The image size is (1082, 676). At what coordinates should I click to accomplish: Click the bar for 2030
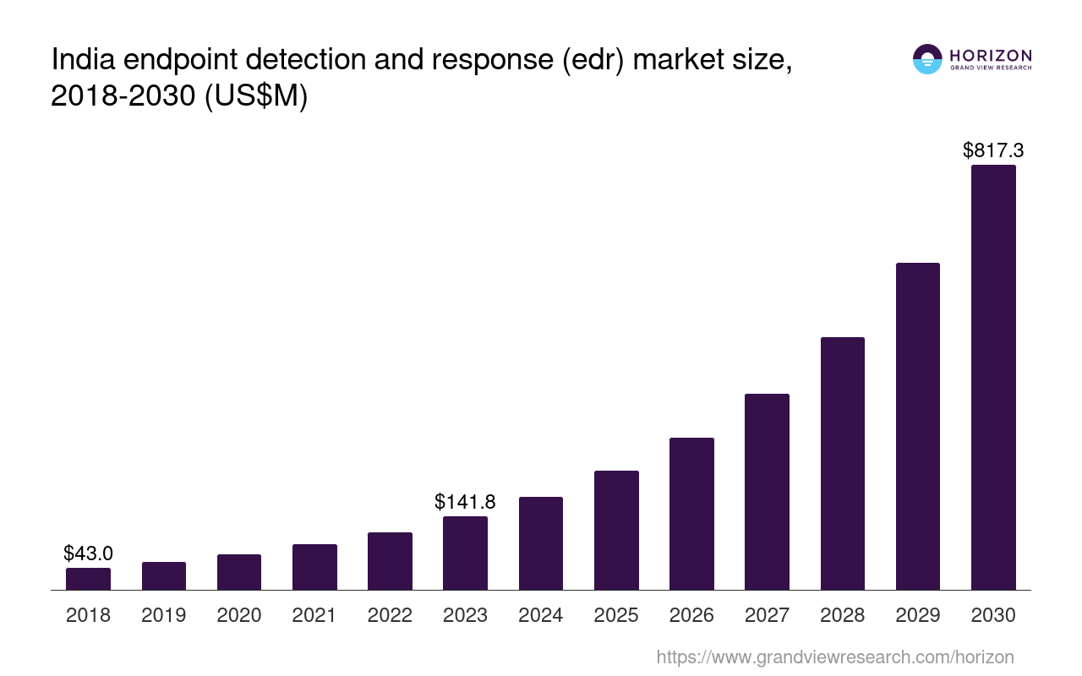click(x=993, y=377)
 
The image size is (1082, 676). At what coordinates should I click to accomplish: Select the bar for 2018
click(x=88, y=579)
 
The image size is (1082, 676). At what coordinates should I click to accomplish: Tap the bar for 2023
click(x=465, y=553)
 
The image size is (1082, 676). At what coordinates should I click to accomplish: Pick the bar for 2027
click(x=767, y=492)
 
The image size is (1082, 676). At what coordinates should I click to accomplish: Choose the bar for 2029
click(x=917, y=426)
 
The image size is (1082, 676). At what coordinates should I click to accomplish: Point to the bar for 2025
click(x=616, y=530)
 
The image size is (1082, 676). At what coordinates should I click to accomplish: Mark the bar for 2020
click(x=239, y=572)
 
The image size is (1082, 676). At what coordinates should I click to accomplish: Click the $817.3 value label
click(x=993, y=150)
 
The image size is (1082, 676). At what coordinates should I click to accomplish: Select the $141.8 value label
click(x=465, y=501)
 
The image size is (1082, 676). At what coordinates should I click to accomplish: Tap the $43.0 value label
click(x=88, y=553)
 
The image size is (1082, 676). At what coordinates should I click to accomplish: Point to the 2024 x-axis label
click(x=540, y=615)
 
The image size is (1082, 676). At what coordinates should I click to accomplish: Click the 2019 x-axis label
click(x=163, y=615)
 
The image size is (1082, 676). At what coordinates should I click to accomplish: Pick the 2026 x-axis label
click(x=691, y=615)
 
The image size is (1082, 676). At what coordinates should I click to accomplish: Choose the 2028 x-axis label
click(x=842, y=615)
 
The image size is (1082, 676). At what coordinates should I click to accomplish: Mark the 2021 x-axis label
click(x=314, y=615)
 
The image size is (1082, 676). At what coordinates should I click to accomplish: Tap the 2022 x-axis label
click(x=390, y=615)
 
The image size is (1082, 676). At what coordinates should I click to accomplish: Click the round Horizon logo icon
click(x=927, y=59)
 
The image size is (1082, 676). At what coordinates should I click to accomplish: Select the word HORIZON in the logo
click(x=991, y=55)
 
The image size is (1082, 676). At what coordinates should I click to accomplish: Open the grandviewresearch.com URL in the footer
click(x=834, y=657)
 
